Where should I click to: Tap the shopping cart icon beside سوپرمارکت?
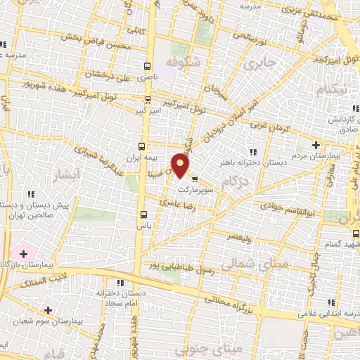coord(195,179)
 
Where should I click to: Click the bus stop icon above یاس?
coord(144,214)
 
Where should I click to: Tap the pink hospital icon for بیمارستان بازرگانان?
coord(24,252)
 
